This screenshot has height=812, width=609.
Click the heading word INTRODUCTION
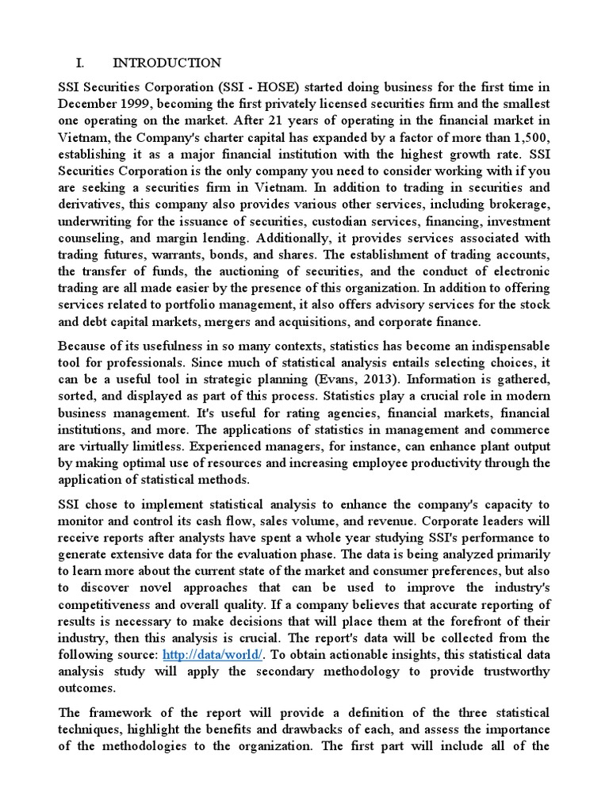[167, 63]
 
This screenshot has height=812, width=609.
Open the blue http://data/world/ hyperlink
[210, 655]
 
